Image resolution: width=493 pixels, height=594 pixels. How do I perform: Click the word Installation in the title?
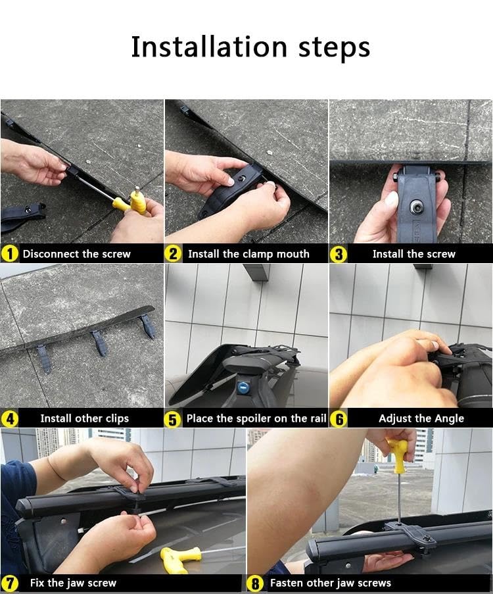click(x=209, y=47)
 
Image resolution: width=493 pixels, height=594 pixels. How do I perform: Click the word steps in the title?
click(x=334, y=49)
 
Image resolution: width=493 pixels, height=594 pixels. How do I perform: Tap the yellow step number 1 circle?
click(x=10, y=254)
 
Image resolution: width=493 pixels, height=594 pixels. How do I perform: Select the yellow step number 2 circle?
click(x=173, y=254)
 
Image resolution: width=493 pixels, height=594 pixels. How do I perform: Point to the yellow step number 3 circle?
click(x=339, y=254)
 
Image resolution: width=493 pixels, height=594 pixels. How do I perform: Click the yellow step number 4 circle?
click(x=10, y=418)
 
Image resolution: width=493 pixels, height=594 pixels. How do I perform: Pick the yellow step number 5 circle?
click(x=173, y=420)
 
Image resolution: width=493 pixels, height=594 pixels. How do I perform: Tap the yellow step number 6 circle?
click(x=339, y=419)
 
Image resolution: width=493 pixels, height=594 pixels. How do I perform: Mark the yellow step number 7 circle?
click(x=10, y=583)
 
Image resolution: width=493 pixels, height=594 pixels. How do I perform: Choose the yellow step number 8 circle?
click(x=255, y=583)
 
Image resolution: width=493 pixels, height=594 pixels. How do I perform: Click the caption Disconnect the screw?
click(x=76, y=254)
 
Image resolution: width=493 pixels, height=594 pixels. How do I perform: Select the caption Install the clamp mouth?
click(x=248, y=254)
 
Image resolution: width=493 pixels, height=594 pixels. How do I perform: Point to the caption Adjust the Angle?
click(x=421, y=418)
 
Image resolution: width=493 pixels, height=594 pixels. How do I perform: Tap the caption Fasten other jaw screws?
click(x=330, y=583)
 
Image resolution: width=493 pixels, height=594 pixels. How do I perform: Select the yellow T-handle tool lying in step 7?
click(x=181, y=558)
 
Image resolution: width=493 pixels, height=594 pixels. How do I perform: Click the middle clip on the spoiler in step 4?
click(x=98, y=343)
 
